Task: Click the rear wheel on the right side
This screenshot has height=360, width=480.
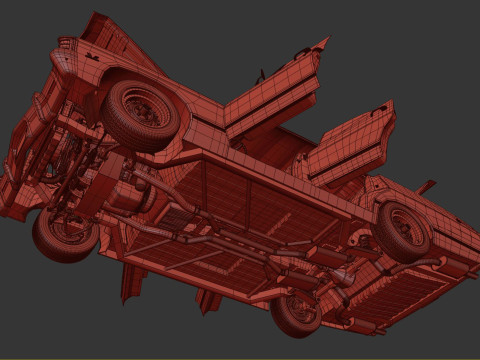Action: click(404, 231)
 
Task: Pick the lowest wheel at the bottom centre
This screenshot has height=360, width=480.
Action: click(297, 311)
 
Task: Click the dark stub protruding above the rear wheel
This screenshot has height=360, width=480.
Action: click(427, 187)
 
